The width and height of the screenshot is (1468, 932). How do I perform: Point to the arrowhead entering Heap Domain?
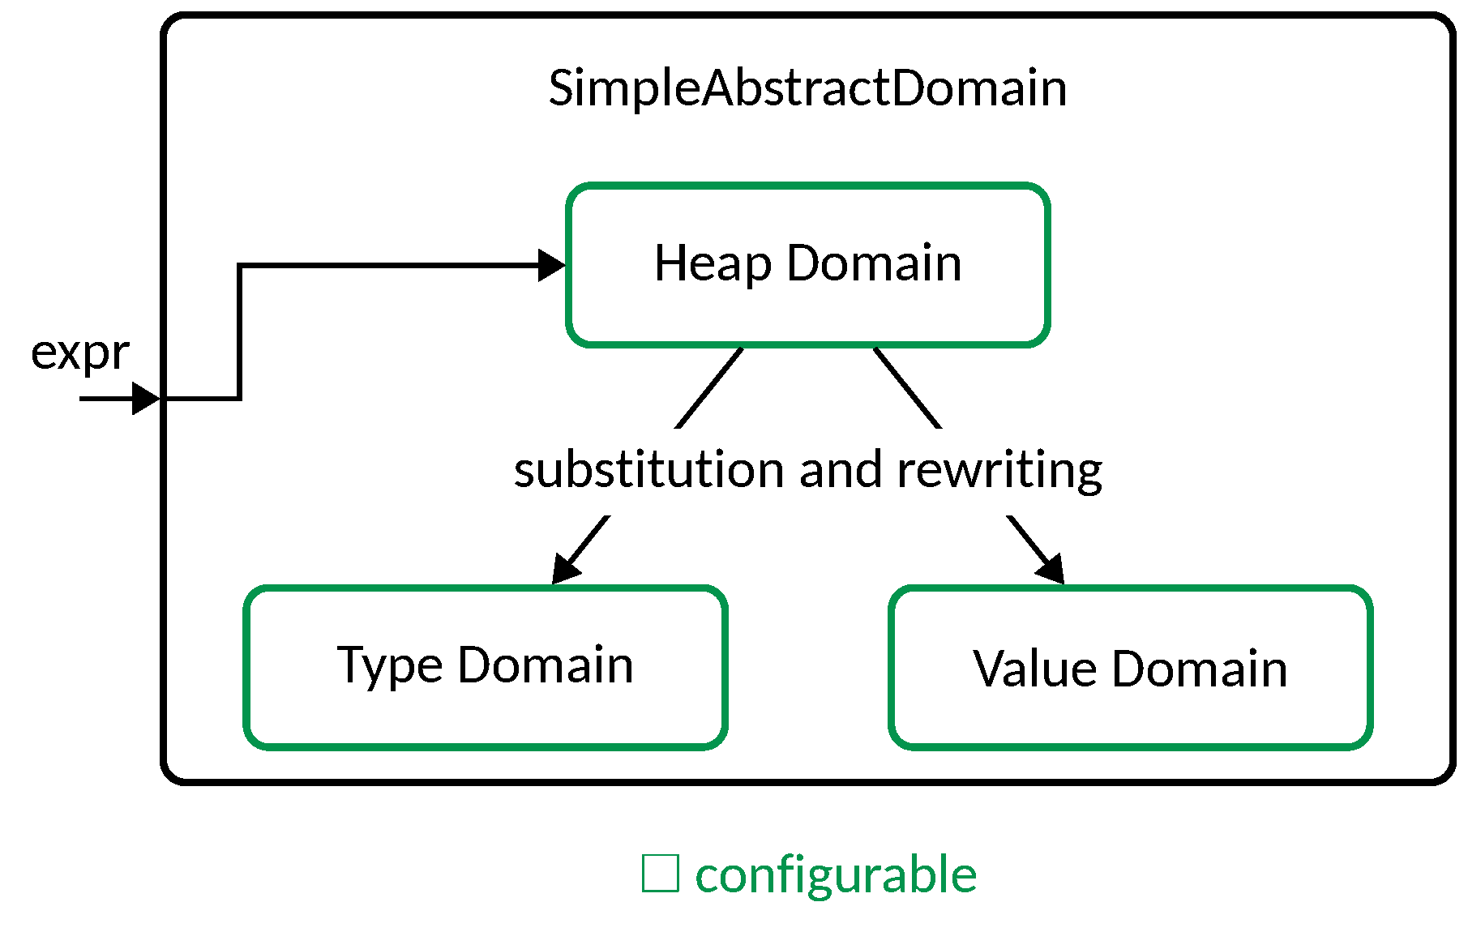pos(552,265)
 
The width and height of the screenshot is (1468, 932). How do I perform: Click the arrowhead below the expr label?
pos(146,399)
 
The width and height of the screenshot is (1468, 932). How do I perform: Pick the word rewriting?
pos(999,469)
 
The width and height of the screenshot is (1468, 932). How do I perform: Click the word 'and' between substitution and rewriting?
pos(841,469)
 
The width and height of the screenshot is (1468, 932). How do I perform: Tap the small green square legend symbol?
pos(660,874)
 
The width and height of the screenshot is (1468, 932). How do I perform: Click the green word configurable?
pos(836,875)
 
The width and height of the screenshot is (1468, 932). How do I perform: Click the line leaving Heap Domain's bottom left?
pos(709,387)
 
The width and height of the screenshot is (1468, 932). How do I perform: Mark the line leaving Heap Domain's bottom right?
pos(907,387)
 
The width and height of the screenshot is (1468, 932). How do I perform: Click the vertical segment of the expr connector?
pos(239,332)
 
